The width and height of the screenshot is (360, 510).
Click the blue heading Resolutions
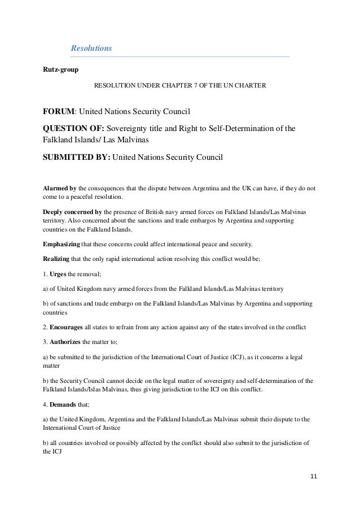91,49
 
